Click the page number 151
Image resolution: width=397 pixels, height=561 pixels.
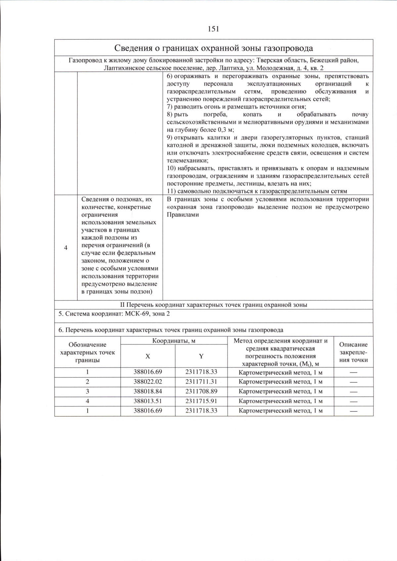tap(213, 29)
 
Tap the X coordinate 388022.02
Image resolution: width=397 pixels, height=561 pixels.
tap(148, 381)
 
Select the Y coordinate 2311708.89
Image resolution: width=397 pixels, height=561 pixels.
tap(201, 391)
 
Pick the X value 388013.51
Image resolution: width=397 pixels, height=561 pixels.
tap(148, 401)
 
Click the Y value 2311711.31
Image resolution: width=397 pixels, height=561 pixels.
tap(201, 381)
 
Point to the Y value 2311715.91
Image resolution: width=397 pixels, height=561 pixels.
tap(201, 401)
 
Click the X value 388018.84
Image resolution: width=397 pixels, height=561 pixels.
tap(148, 391)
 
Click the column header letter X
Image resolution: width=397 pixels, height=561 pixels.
tap(148, 356)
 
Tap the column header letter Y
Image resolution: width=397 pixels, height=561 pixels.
tap(201, 356)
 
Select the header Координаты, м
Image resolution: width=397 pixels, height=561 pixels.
tap(174, 341)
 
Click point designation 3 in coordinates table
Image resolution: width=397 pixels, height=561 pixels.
tap(87, 391)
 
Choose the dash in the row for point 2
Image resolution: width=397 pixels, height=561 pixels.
tap(353, 382)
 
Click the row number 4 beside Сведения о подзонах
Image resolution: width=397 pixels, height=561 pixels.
tap(66, 248)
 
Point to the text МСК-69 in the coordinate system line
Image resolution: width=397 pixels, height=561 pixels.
tap(136, 314)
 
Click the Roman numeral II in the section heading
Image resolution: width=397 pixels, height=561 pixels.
tap(122, 305)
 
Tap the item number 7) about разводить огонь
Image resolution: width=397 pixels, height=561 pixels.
tap(170, 107)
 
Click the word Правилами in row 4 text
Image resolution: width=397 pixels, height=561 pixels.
tap(183, 215)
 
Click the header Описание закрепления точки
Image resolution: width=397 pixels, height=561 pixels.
tap(353, 352)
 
